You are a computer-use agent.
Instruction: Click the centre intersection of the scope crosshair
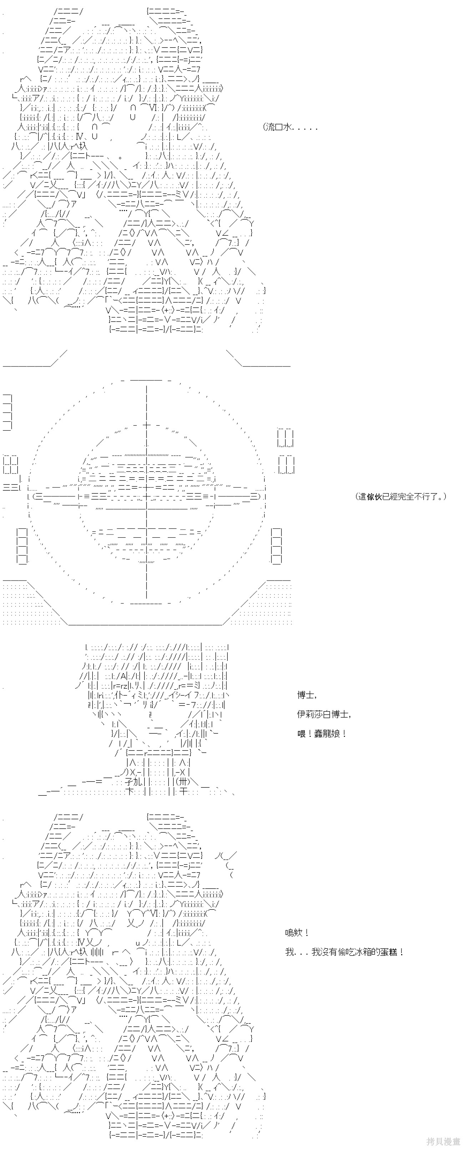(x=147, y=496)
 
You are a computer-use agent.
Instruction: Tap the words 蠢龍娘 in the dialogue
(x=327, y=733)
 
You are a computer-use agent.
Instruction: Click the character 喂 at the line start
(x=302, y=733)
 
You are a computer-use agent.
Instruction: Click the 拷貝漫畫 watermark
(x=443, y=1141)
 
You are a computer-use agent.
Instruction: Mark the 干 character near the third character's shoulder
(x=182, y=792)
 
